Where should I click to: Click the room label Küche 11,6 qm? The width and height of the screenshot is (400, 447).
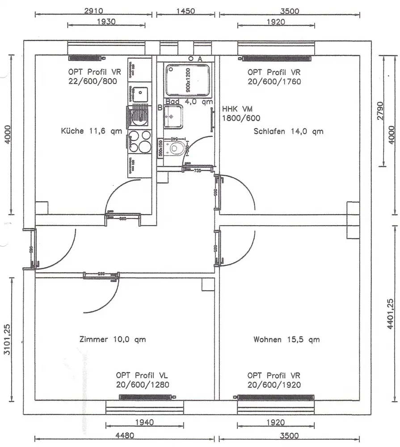click(91, 131)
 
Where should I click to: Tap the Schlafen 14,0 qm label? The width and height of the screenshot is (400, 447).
click(288, 131)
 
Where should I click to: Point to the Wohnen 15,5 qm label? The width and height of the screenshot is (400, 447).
click(286, 339)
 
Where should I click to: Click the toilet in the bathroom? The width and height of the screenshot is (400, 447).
click(175, 148)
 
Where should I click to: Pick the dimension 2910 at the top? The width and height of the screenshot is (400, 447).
click(93, 11)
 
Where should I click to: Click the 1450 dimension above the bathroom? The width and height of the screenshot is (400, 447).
click(185, 11)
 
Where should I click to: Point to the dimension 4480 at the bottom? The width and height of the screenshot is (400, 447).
click(125, 435)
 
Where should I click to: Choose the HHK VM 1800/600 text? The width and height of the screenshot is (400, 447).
click(241, 114)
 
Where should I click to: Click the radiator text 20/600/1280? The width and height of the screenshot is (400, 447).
click(142, 384)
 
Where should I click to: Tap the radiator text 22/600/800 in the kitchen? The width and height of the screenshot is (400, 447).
click(94, 81)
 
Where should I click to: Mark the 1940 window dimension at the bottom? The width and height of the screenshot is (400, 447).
click(144, 422)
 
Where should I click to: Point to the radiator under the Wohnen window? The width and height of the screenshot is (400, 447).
click(275, 396)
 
